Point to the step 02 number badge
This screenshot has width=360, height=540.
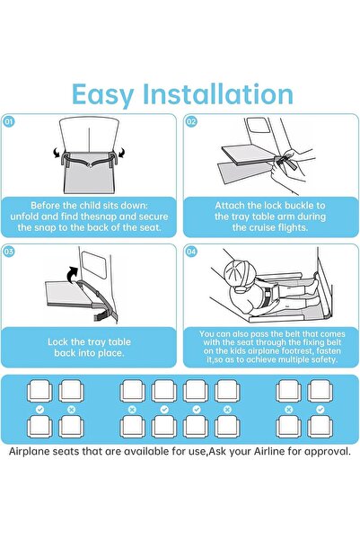[x=191, y=121]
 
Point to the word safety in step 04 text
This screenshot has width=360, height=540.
[x=320, y=359]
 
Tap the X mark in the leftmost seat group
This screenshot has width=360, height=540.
[x=72, y=409]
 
